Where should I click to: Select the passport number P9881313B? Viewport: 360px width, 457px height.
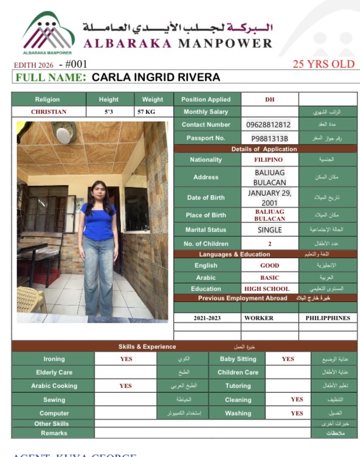pyautogui.click(x=269, y=139)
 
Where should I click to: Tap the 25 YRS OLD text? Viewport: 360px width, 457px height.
pyautogui.click(x=323, y=64)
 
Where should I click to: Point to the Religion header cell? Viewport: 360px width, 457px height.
pyautogui.click(x=47, y=99)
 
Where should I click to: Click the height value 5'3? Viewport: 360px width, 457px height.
pyautogui.click(x=108, y=112)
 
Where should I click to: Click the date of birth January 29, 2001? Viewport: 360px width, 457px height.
pyautogui.click(x=269, y=198)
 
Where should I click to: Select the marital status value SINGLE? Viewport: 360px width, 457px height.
pyautogui.click(x=269, y=230)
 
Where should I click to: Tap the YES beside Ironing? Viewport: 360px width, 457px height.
pyautogui.click(x=126, y=359)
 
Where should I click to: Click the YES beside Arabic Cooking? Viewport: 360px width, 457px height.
pyautogui.click(x=126, y=386)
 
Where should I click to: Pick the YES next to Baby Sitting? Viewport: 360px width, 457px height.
pyautogui.click(x=288, y=359)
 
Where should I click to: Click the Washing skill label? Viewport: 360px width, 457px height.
pyautogui.click(x=238, y=413)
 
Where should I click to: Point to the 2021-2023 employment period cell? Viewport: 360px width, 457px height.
pyautogui.click(x=207, y=318)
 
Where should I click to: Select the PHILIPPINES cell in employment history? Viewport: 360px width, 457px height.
pyautogui.click(x=327, y=318)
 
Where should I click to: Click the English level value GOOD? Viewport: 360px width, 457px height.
pyautogui.click(x=269, y=265)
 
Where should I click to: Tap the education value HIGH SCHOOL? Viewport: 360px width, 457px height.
pyautogui.click(x=269, y=289)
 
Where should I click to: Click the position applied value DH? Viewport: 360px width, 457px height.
pyautogui.click(x=269, y=99)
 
